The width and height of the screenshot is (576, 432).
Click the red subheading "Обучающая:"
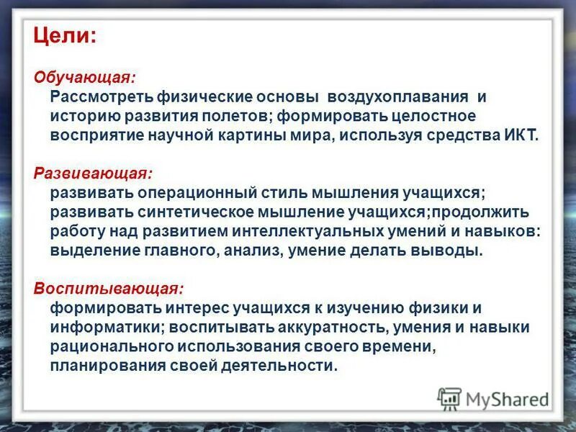(84, 77)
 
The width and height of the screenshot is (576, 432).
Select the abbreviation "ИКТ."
(520, 135)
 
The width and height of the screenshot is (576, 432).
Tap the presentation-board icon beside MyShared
(449, 398)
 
